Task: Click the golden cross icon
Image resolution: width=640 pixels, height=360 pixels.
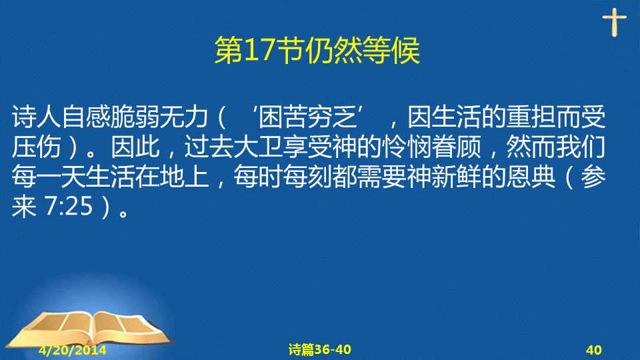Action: (614, 22)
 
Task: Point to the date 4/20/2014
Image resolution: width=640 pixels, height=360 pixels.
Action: (73, 350)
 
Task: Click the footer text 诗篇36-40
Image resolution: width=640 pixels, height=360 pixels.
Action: (319, 349)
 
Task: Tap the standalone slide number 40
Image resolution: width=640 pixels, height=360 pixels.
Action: (594, 350)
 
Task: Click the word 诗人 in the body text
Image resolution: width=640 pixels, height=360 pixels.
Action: (36, 117)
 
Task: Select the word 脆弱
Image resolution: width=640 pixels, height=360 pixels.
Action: (135, 117)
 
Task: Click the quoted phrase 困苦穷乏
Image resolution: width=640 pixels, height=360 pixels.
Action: (308, 117)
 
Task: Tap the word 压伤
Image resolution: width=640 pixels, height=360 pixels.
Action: (36, 147)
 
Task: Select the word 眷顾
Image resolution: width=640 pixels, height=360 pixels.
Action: (456, 147)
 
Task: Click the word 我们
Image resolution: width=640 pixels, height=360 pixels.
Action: (581, 147)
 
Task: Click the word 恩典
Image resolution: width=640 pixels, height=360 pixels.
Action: (531, 177)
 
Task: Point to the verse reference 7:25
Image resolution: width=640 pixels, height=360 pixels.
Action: (69, 207)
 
